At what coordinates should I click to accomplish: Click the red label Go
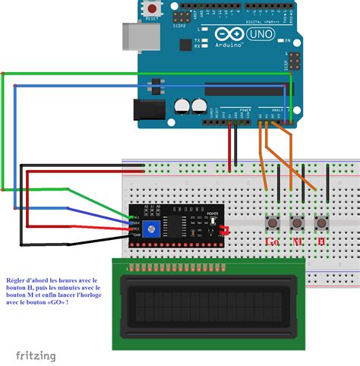pos(272,241)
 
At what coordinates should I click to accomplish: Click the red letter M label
pos(296,241)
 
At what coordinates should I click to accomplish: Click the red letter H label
pos(321,241)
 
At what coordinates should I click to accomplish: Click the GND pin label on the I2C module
pos(135,235)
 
